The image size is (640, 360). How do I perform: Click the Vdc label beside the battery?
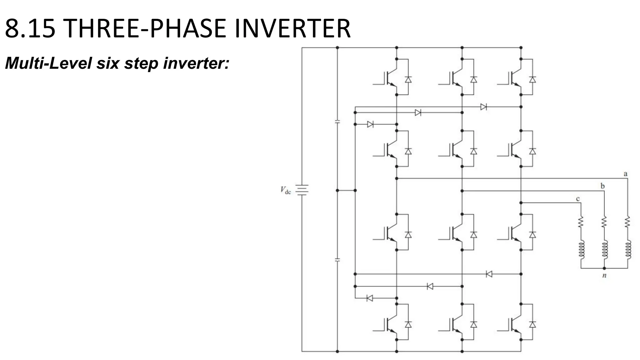coord(286,190)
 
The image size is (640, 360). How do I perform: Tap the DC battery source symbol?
coord(302,190)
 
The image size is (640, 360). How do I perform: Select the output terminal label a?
coord(625,174)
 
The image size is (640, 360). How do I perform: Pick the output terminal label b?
coord(602,186)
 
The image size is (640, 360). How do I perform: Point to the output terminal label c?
coord(578,199)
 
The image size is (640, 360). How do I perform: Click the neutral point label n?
coord(604,276)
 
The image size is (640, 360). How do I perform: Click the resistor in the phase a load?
coord(627,222)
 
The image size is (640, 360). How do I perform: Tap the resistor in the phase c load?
coord(581,222)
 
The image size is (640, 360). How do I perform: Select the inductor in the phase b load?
coord(604,250)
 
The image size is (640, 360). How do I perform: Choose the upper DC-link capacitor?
coord(337,122)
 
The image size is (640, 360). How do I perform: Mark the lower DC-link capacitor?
coord(337,260)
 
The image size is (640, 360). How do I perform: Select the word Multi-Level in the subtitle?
coord(48,63)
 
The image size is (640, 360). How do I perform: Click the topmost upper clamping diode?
coord(483,107)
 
